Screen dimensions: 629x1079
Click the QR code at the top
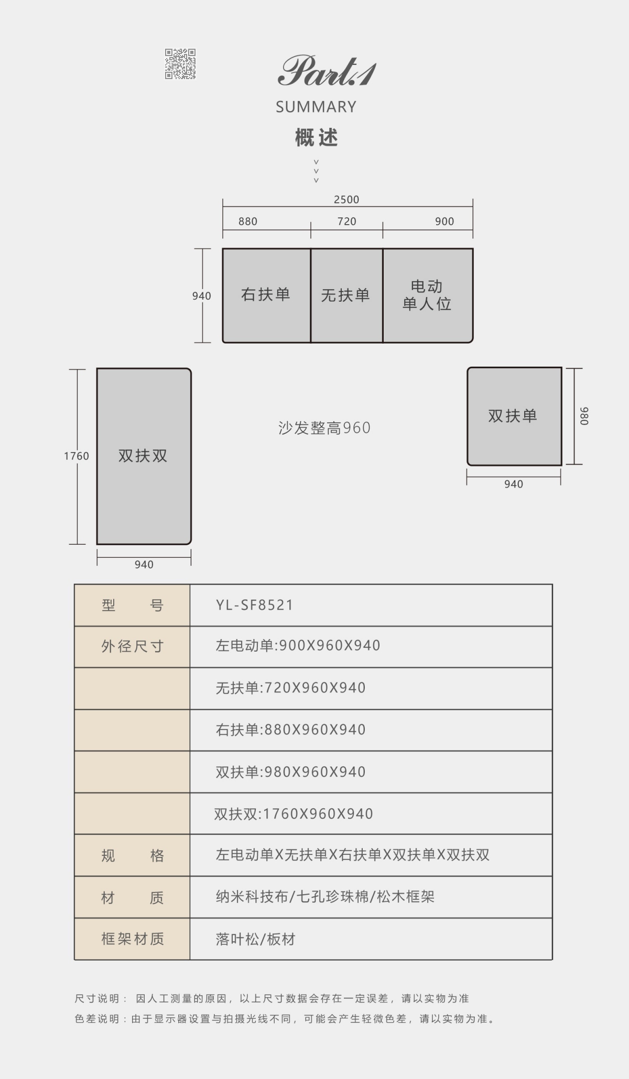click(x=180, y=64)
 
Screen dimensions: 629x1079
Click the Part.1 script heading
click(x=327, y=71)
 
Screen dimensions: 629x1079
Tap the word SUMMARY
click(x=316, y=107)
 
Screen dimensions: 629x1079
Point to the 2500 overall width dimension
click(x=346, y=200)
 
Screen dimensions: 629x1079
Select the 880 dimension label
click(x=248, y=222)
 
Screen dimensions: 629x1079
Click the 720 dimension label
click(x=346, y=222)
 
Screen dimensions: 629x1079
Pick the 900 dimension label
click(x=444, y=222)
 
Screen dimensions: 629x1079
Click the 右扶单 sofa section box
click(x=266, y=295)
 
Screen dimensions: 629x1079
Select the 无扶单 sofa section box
click(x=346, y=295)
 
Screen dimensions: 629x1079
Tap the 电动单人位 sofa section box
click(x=428, y=295)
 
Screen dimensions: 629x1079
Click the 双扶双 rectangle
click(x=144, y=456)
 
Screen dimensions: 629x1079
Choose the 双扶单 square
click(x=514, y=416)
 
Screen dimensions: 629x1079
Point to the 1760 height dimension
click(x=77, y=456)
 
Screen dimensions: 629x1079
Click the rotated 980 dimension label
click(x=584, y=416)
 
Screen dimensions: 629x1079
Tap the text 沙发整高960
click(x=324, y=428)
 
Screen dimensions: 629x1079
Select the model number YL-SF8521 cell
click(x=371, y=605)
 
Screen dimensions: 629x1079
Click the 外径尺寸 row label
click(x=132, y=647)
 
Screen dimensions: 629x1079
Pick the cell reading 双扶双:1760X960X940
click(x=371, y=813)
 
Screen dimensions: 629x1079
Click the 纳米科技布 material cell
click(x=371, y=897)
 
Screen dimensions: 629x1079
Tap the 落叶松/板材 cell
click(x=371, y=939)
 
